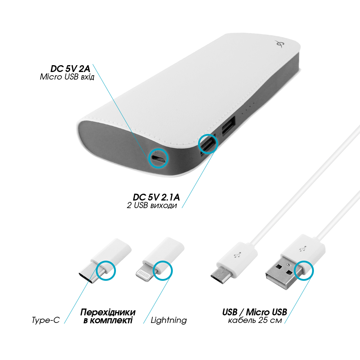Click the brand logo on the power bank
click(x=279, y=44)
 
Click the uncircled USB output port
click(x=229, y=127)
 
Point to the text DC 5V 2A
click(x=70, y=69)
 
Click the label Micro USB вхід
click(x=67, y=77)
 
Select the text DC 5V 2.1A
click(x=156, y=197)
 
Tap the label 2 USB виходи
click(x=152, y=205)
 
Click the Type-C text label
click(x=46, y=320)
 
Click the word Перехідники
click(x=108, y=312)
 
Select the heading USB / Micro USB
click(x=255, y=312)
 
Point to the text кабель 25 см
click(x=255, y=320)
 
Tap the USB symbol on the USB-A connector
click(x=303, y=249)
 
